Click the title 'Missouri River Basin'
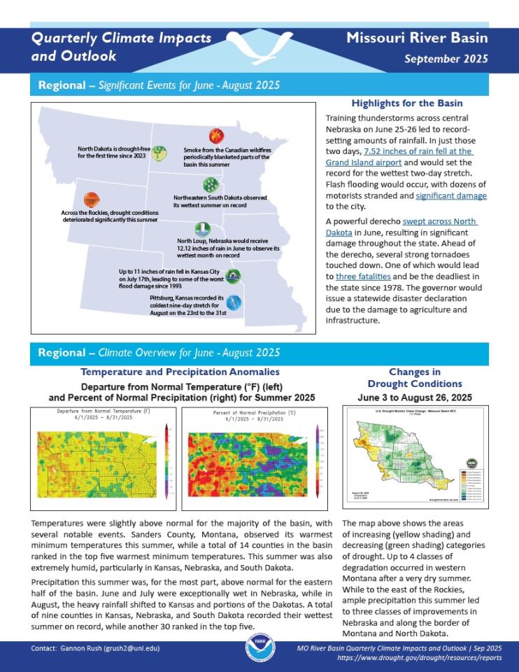coord(417,38)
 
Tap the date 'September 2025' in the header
coord(446,58)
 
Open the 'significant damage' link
coord(451,196)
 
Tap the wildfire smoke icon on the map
coord(216,136)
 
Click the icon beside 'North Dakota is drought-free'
coord(159,153)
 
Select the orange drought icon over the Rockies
coord(92,200)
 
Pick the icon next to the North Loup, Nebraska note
coord(201,230)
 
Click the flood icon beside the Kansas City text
coord(234,275)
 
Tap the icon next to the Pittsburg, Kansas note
coord(236,302)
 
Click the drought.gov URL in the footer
coord(419,659)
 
